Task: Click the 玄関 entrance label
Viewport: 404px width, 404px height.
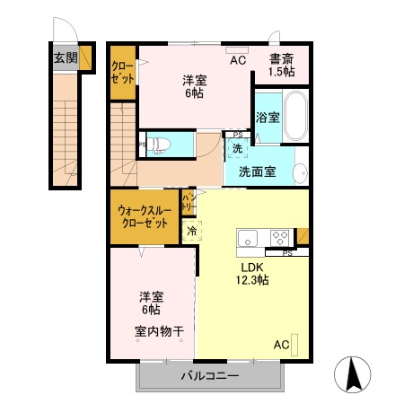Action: tap(66, 58)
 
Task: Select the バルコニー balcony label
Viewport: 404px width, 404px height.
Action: tap(209, 375)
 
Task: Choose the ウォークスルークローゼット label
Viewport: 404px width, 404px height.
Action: tap(143, 217)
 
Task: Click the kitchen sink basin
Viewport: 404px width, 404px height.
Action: tap(249, 240)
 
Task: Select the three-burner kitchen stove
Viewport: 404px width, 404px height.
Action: tap(279, 240)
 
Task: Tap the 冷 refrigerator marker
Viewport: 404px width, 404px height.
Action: tap(192, 232)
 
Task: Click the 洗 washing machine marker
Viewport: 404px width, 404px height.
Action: tap(237, 147)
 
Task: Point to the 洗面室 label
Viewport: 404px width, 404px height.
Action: tap(258, 171)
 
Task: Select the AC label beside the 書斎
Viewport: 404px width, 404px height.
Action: tap(238, 60)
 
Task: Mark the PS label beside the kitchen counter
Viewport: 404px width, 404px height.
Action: tap(287, 254)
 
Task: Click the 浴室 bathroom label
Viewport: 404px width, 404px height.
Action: tap(267, 117)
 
